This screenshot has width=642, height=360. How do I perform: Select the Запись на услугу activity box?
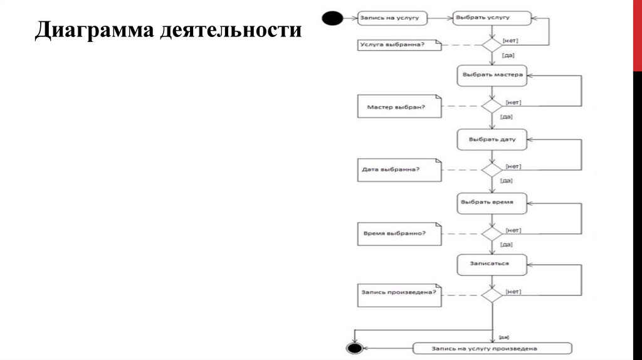click(392, 18)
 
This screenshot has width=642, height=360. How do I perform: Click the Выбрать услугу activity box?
click(492, 18)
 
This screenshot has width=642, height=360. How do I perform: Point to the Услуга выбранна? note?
click(399, 45)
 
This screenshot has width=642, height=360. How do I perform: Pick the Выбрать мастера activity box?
click(492, 75)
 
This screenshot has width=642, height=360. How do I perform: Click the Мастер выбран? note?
click(399, 107)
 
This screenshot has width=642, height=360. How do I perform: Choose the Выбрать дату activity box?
click(492, 139)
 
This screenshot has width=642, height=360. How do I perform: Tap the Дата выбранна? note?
click(399, 169)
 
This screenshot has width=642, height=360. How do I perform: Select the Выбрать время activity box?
click(492, 203)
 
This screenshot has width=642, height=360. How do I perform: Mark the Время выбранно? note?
click(399, 234)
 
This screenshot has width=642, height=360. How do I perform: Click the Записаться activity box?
click(492, 264)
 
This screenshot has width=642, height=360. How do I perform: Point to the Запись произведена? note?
click(399, 292)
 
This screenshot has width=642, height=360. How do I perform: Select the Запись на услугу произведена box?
click(492, 348)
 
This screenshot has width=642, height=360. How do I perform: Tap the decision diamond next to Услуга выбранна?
click(492, 45)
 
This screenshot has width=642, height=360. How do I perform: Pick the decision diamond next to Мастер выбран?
click(492, 107)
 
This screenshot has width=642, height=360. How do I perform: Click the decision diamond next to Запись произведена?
click(492, 294)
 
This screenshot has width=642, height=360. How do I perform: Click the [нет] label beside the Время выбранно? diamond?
click(513, 230)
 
